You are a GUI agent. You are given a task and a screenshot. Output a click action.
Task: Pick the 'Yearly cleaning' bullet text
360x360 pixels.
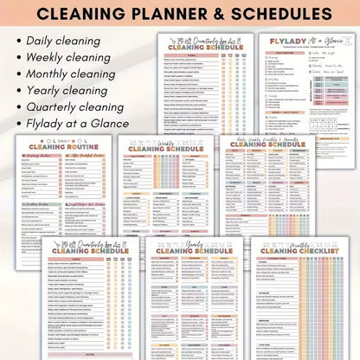pos(65,90)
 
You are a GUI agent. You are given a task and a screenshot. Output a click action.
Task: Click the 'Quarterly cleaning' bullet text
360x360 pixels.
pos(74,106)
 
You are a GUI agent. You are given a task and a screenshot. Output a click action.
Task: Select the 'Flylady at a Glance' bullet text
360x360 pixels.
pos(77,123)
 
